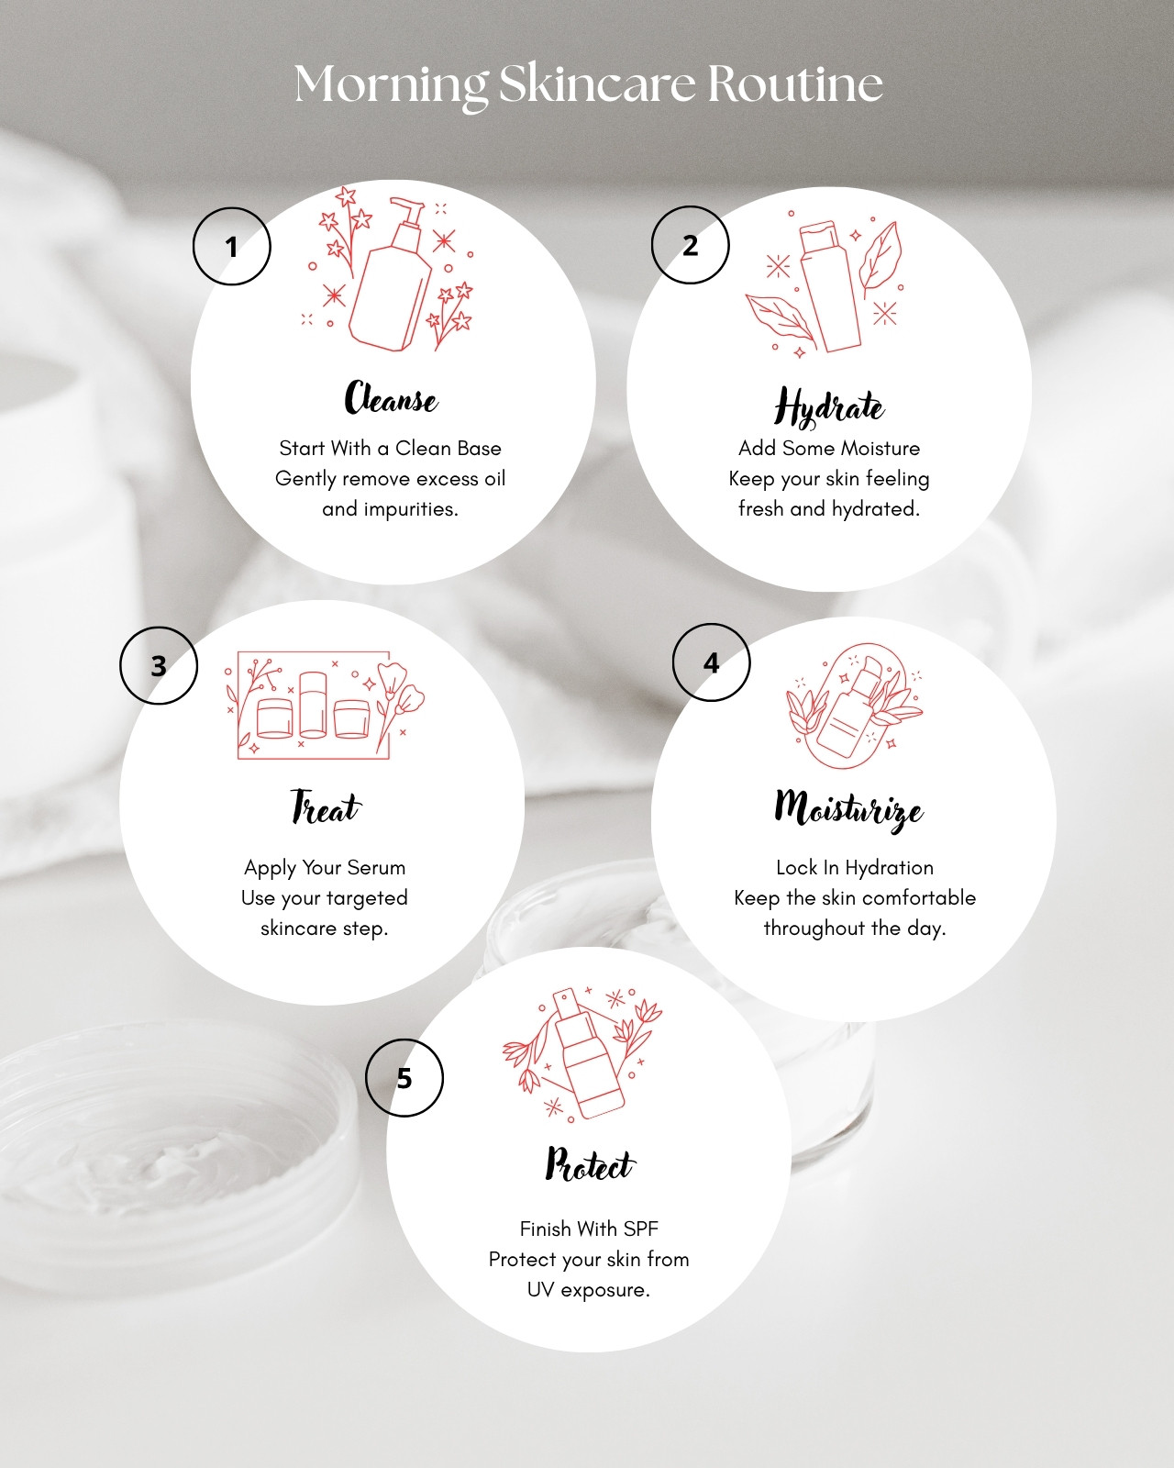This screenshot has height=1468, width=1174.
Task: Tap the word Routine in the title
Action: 795,83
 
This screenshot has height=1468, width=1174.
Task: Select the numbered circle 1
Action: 232,246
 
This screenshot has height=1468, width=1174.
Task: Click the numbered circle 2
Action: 691,245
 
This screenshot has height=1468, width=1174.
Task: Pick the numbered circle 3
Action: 159,665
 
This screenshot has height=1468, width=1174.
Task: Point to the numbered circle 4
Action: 712,662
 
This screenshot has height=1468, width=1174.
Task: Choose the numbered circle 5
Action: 404,1078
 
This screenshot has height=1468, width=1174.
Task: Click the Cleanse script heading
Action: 391,397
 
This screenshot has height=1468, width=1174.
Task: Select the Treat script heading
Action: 326,807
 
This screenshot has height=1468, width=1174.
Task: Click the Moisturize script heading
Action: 848,810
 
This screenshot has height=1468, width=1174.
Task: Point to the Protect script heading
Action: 590,1163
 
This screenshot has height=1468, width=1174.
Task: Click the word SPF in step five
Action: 640,1229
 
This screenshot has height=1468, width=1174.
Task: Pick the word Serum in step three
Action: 376,868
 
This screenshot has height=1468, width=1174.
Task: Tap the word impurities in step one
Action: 411,509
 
